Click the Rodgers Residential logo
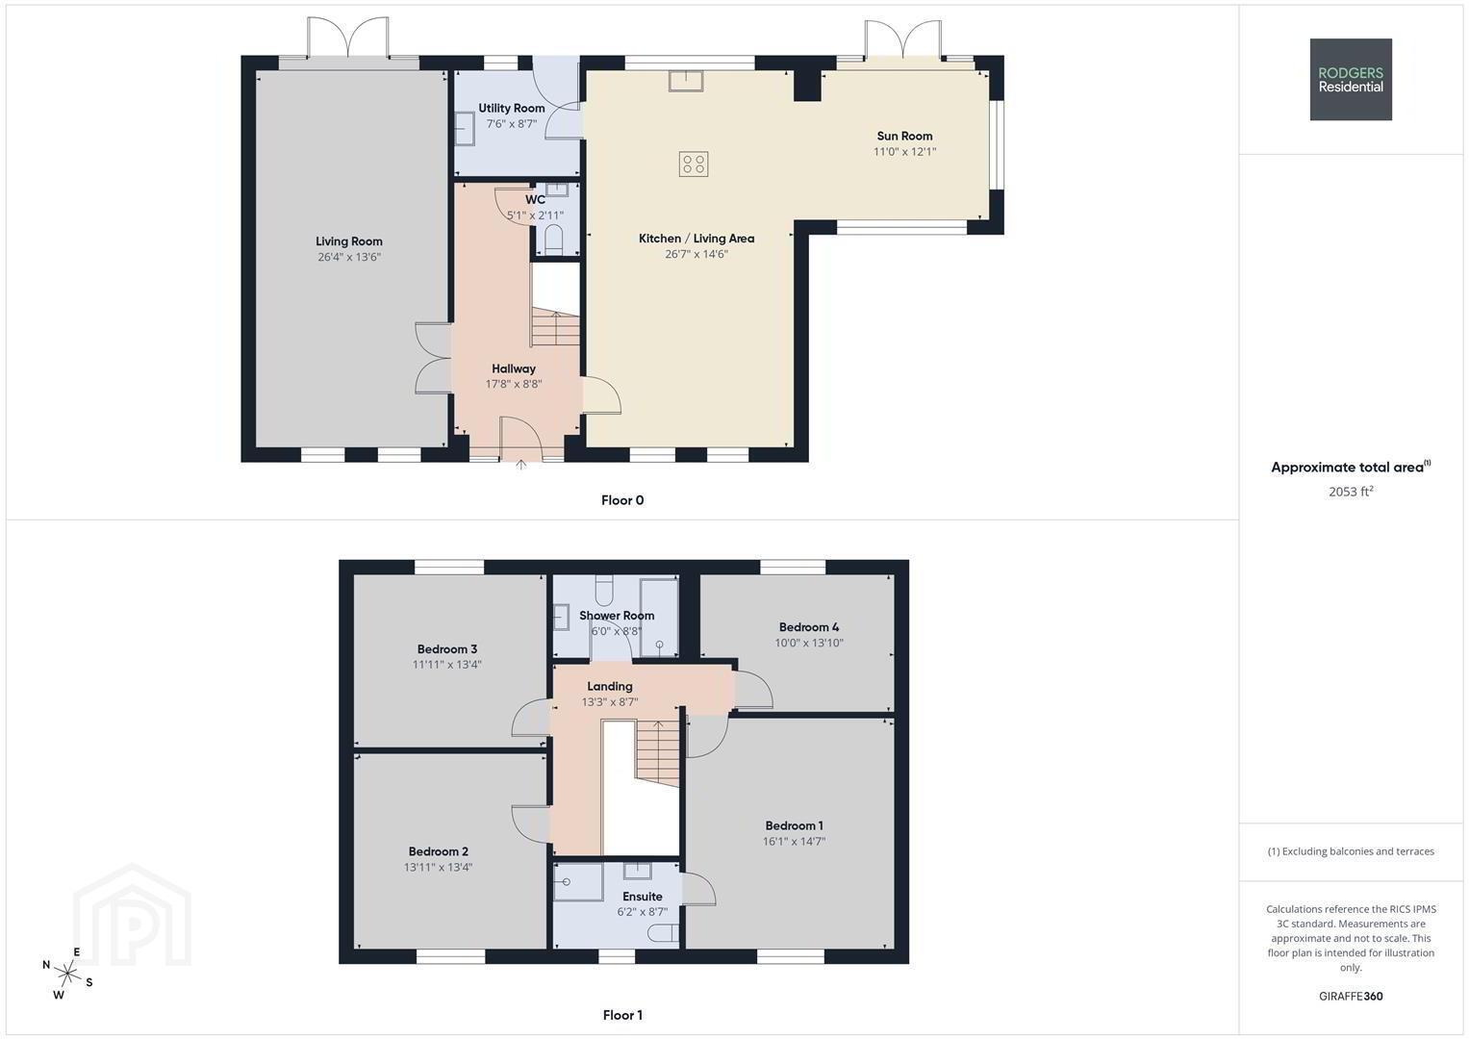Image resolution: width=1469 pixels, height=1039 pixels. (x=1351, y=79)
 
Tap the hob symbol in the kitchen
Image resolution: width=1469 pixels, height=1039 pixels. (x=694, y=164)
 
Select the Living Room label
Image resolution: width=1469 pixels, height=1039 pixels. (x=349, y=241)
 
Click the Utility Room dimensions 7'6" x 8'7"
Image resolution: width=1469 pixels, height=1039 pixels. (x=512, y=123)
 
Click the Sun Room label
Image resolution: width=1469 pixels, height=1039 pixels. (x=904, y=136)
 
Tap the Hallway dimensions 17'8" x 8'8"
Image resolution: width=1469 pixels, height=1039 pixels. (x=514, y=384)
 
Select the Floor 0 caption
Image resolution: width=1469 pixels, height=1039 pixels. (x=622, y=500)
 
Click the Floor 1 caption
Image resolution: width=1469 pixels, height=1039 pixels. (x=622, y=1015)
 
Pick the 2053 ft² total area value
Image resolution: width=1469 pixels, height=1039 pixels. (x=1351, y=492)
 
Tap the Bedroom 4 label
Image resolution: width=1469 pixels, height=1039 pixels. (x=809, y=627)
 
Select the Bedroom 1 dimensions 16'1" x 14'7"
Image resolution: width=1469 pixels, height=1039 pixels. (x=794, y=841)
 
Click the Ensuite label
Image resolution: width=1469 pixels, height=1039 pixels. (x=642, y=896)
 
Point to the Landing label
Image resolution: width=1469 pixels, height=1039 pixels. (x=609, y=686)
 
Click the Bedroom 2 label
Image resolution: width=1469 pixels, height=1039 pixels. (x=438, y=851)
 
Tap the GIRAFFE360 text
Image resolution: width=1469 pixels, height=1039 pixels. (x=1351, y=996)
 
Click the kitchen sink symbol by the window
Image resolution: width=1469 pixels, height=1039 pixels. (x=685, y=81)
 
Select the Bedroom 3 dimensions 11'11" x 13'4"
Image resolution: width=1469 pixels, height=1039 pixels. (x=446, y=665)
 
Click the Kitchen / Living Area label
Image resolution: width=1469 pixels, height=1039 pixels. (x=697, y=239)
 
